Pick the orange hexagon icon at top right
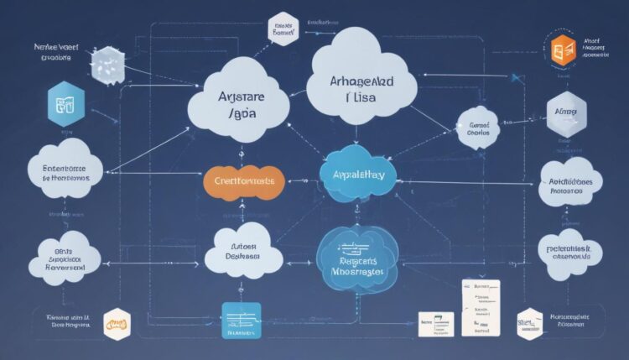click(x=563, y=50)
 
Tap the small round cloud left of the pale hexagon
click(x=478, y=128)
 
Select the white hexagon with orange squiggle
click(x=117, y=322)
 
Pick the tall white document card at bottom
click(x=481, y=308)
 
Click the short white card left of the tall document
click(x=436, y=323)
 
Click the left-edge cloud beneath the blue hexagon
click(x=65, y=172)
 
